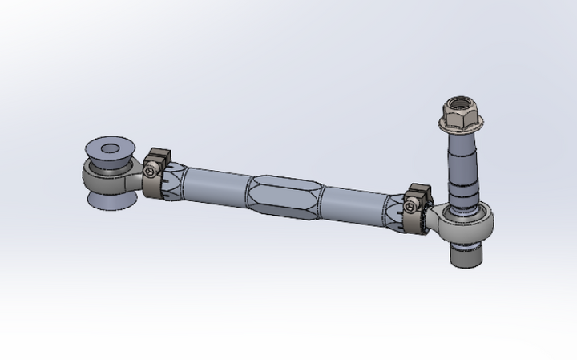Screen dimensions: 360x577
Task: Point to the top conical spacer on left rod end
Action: (x=111, y=152)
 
